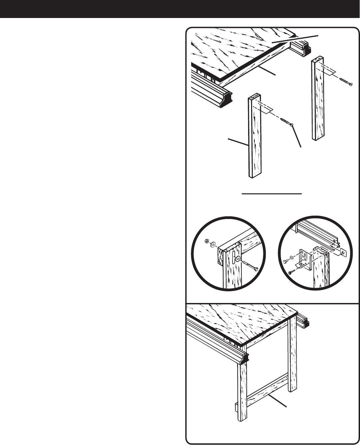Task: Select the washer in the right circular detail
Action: (292, 257)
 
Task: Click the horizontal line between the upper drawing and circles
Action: (272, 193)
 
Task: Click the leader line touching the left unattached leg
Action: (237, 141)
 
